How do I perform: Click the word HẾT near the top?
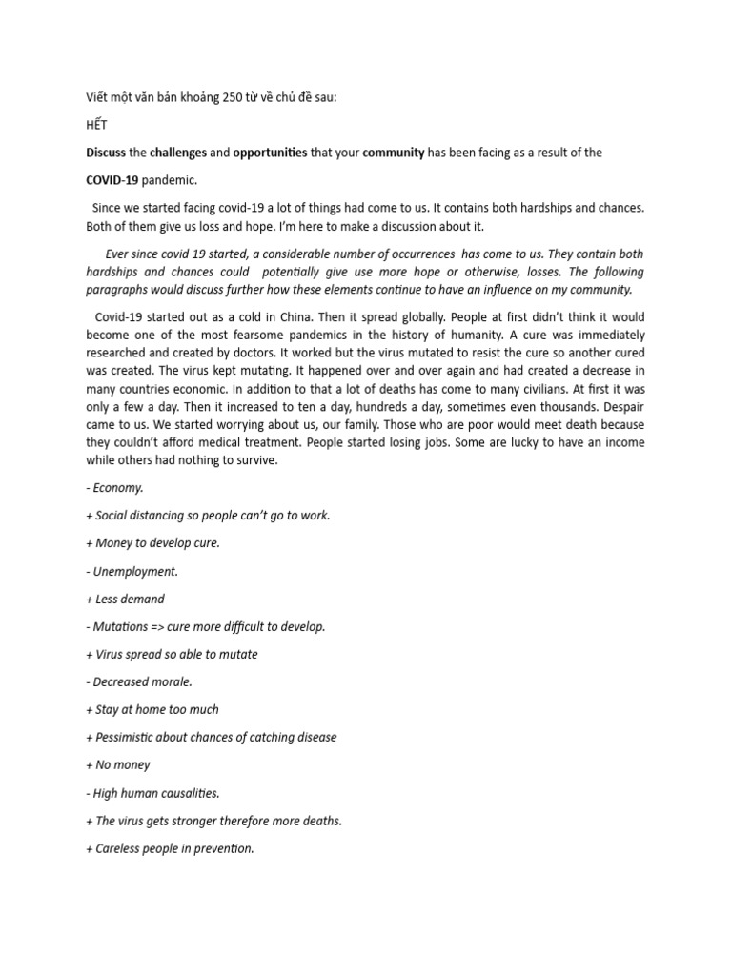pos(97,124)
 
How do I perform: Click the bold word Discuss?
pos(106,152)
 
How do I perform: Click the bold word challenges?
pos(177,152)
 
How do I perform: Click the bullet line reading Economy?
pos(118,487)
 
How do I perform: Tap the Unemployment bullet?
pos(135,571)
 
